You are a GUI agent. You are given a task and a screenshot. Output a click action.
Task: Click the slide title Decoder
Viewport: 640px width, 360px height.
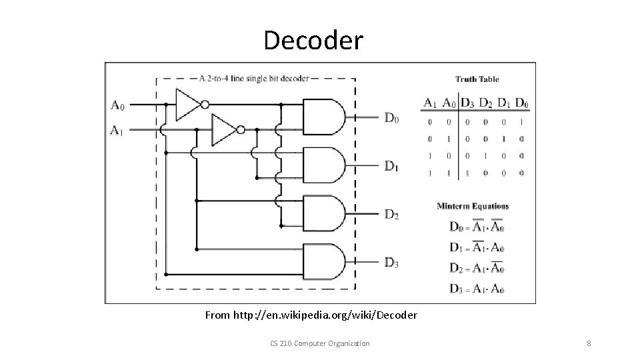click(313, 40)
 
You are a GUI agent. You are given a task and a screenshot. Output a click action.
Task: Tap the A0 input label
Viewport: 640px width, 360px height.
click(117, 105)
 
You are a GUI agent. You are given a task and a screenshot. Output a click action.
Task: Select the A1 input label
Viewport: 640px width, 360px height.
click(117, 129)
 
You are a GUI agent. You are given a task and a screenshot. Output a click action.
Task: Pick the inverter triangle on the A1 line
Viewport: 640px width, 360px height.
click(223, 129)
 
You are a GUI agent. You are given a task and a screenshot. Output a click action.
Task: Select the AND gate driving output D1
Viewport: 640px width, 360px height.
click(324, 165)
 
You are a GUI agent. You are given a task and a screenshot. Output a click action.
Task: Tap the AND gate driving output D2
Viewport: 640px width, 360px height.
click(324, 213)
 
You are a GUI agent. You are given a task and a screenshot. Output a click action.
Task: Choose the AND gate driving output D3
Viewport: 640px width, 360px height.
click(324, 261)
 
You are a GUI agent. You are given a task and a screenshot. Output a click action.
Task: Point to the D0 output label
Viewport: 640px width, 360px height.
click(391, 119)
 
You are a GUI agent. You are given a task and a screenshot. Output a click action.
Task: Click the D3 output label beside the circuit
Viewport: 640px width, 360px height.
click(391, 263)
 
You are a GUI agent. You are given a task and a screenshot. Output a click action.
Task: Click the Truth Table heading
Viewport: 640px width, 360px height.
click(477, 79)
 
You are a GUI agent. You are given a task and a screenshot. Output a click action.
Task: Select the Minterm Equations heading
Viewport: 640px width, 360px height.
click(473, 206)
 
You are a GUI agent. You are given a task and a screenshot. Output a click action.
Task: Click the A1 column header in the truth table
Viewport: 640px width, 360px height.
click(431, 103)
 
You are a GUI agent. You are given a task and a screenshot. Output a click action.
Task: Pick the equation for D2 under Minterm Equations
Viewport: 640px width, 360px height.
click(477, 269)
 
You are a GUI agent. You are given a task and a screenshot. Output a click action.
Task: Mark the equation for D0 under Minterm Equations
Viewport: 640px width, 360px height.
click(477, 227)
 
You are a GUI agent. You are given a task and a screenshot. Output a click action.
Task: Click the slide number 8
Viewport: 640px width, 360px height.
click(589, 343)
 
